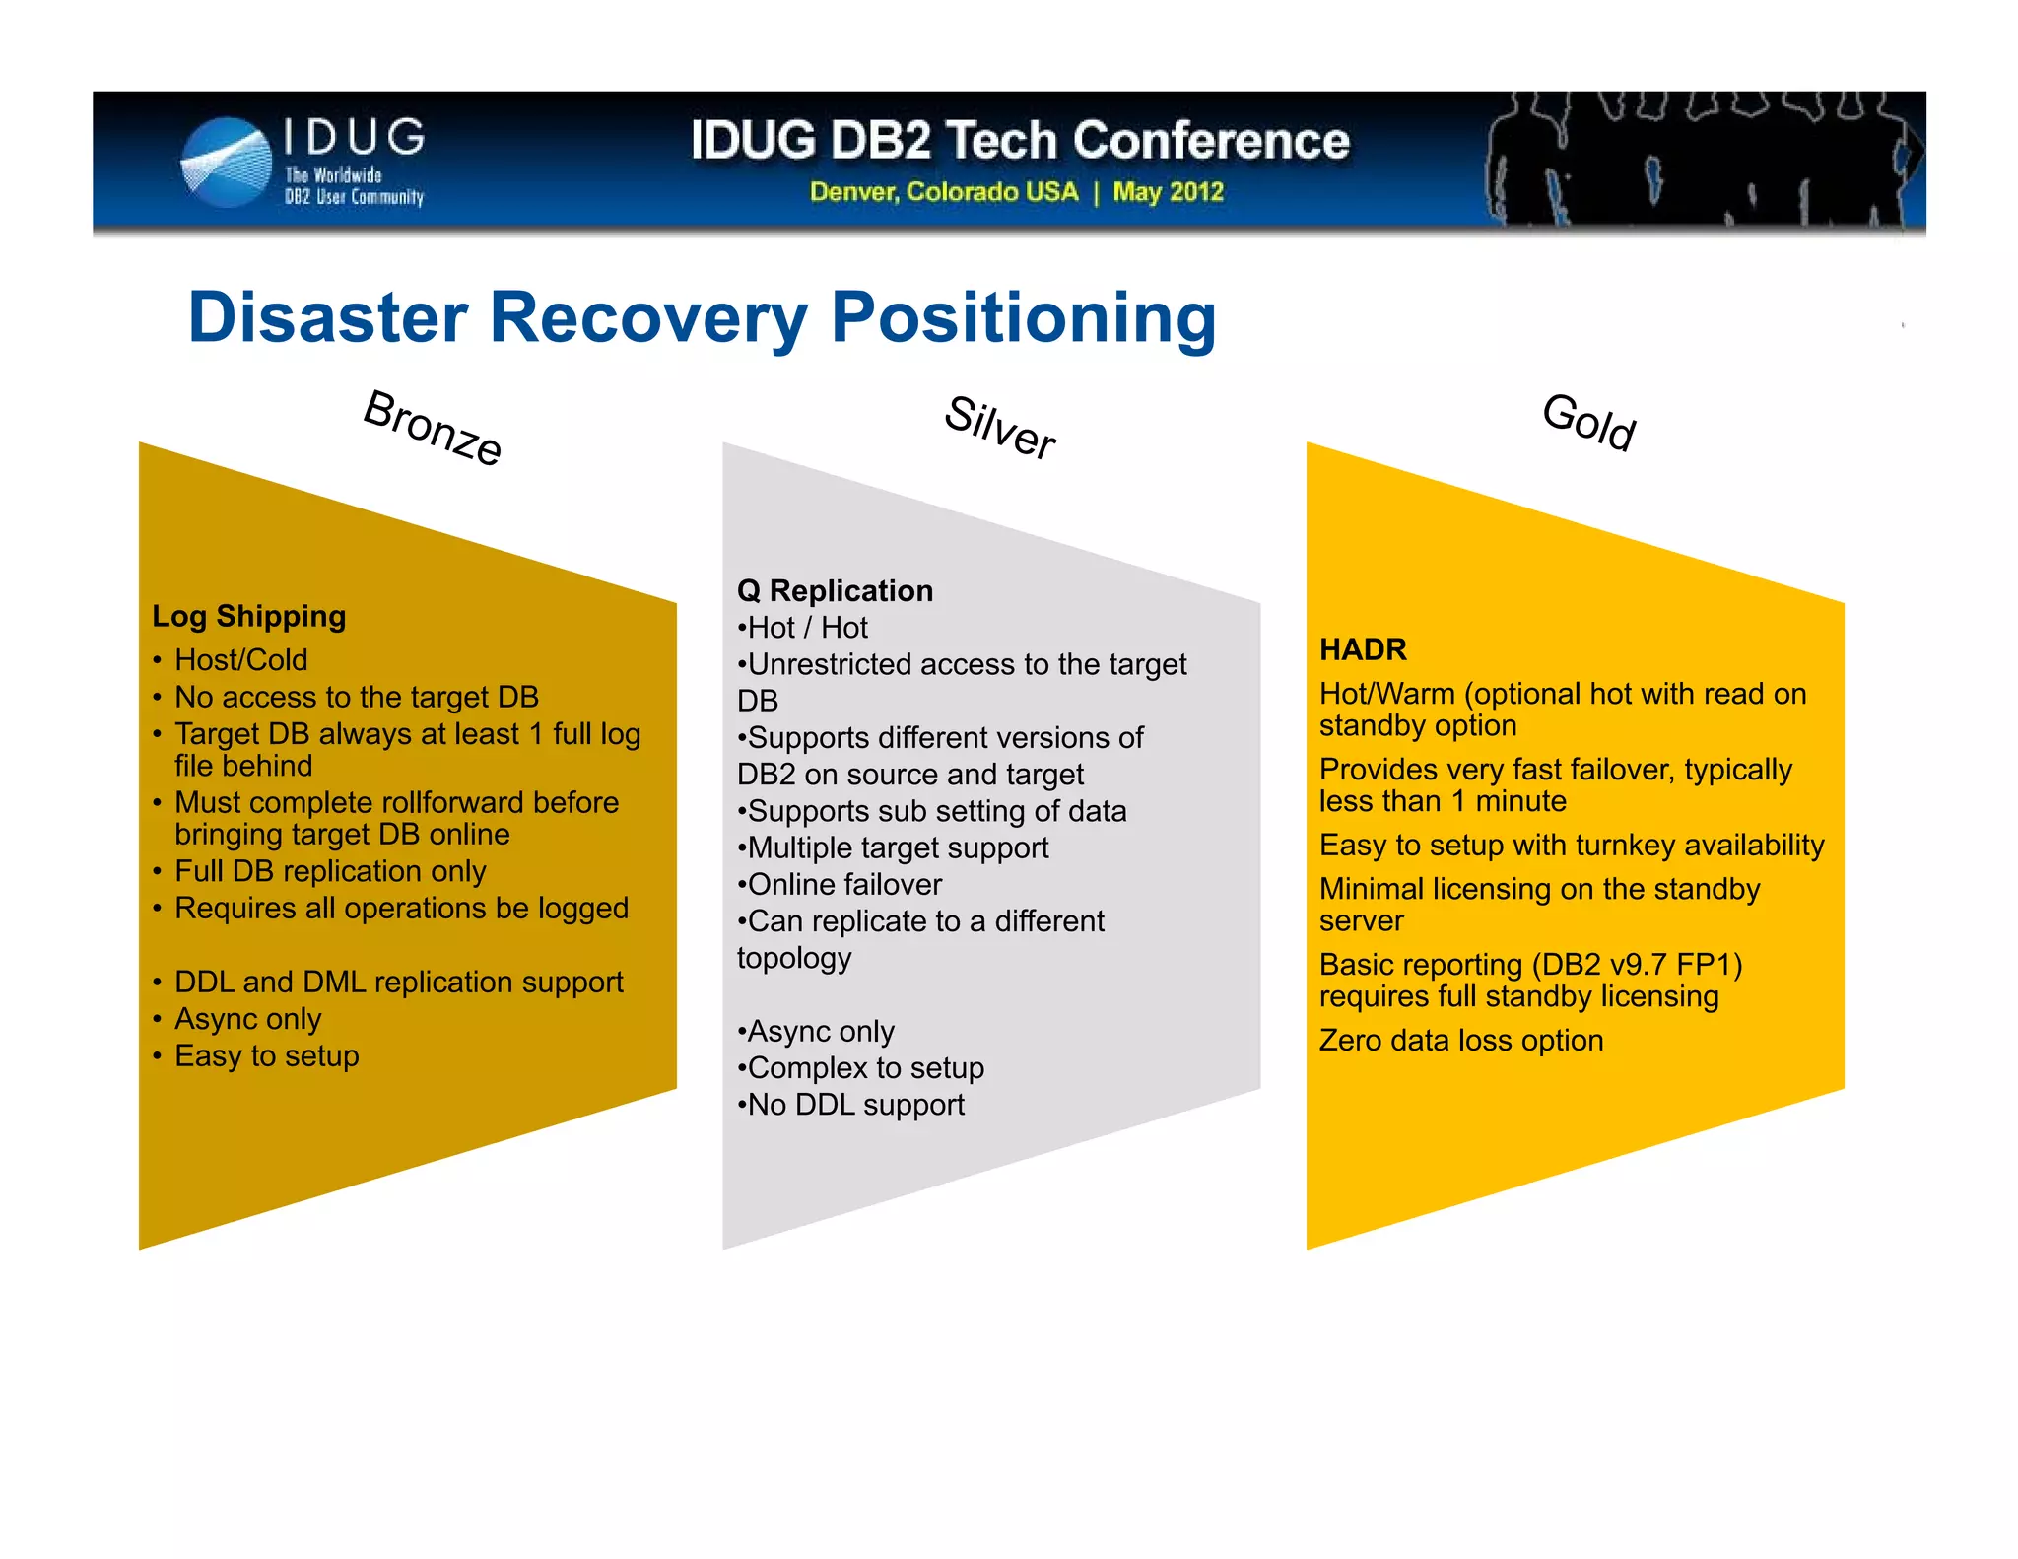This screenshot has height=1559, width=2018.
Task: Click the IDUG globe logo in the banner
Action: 227,163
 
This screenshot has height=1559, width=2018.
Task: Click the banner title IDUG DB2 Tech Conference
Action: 1020,140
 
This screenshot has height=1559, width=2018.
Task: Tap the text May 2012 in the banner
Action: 1168,192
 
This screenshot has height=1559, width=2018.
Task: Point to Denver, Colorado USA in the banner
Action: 943,192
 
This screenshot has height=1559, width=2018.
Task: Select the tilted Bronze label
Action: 433,428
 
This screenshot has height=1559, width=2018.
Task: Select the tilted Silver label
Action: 999,428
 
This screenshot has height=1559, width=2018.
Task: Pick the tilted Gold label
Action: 1588,422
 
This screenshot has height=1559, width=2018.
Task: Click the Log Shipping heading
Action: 249,616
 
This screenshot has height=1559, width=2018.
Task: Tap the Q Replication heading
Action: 835,590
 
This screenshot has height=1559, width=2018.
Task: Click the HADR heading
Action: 1363,649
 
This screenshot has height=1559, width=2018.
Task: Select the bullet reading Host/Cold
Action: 240,659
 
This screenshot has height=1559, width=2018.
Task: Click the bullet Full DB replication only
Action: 330,871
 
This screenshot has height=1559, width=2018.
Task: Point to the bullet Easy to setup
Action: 266,1055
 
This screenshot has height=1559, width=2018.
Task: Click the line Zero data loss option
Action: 1460,1041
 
